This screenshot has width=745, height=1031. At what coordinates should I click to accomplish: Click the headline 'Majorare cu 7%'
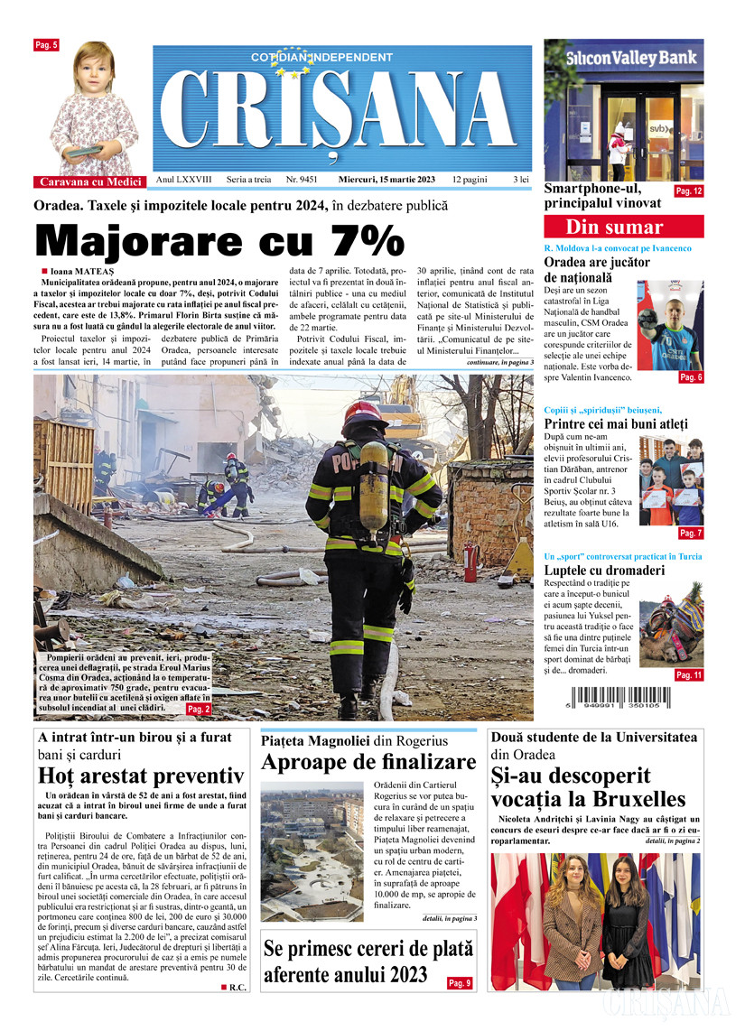(x=219, y=241)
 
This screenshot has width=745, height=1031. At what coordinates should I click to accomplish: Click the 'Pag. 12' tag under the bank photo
(x=688, y=190)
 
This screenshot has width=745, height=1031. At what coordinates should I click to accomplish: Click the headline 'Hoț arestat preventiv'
(x=141, y=776)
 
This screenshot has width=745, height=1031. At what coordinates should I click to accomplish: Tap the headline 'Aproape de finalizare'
(x=368, y=761)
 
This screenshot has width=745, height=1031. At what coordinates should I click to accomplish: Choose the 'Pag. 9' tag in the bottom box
(x=459, y=982)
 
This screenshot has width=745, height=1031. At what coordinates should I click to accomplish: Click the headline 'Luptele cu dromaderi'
(x=604, y=570)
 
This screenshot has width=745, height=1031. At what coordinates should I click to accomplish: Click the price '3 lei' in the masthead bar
(x=521, y=180)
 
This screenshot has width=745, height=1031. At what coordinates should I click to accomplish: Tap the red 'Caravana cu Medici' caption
(x=86, y=181)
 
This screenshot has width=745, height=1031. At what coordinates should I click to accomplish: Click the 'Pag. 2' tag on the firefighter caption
(x=199, y=710)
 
